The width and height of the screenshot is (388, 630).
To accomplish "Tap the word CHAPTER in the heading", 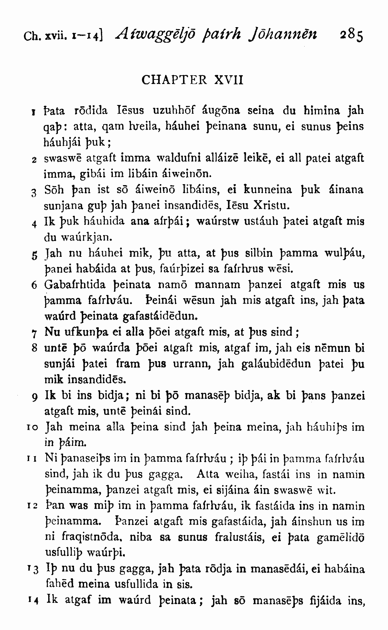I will (174, 79).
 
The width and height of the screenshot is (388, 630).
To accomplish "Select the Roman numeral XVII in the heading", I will (229, 79).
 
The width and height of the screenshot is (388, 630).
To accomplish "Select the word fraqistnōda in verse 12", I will (87, 538).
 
